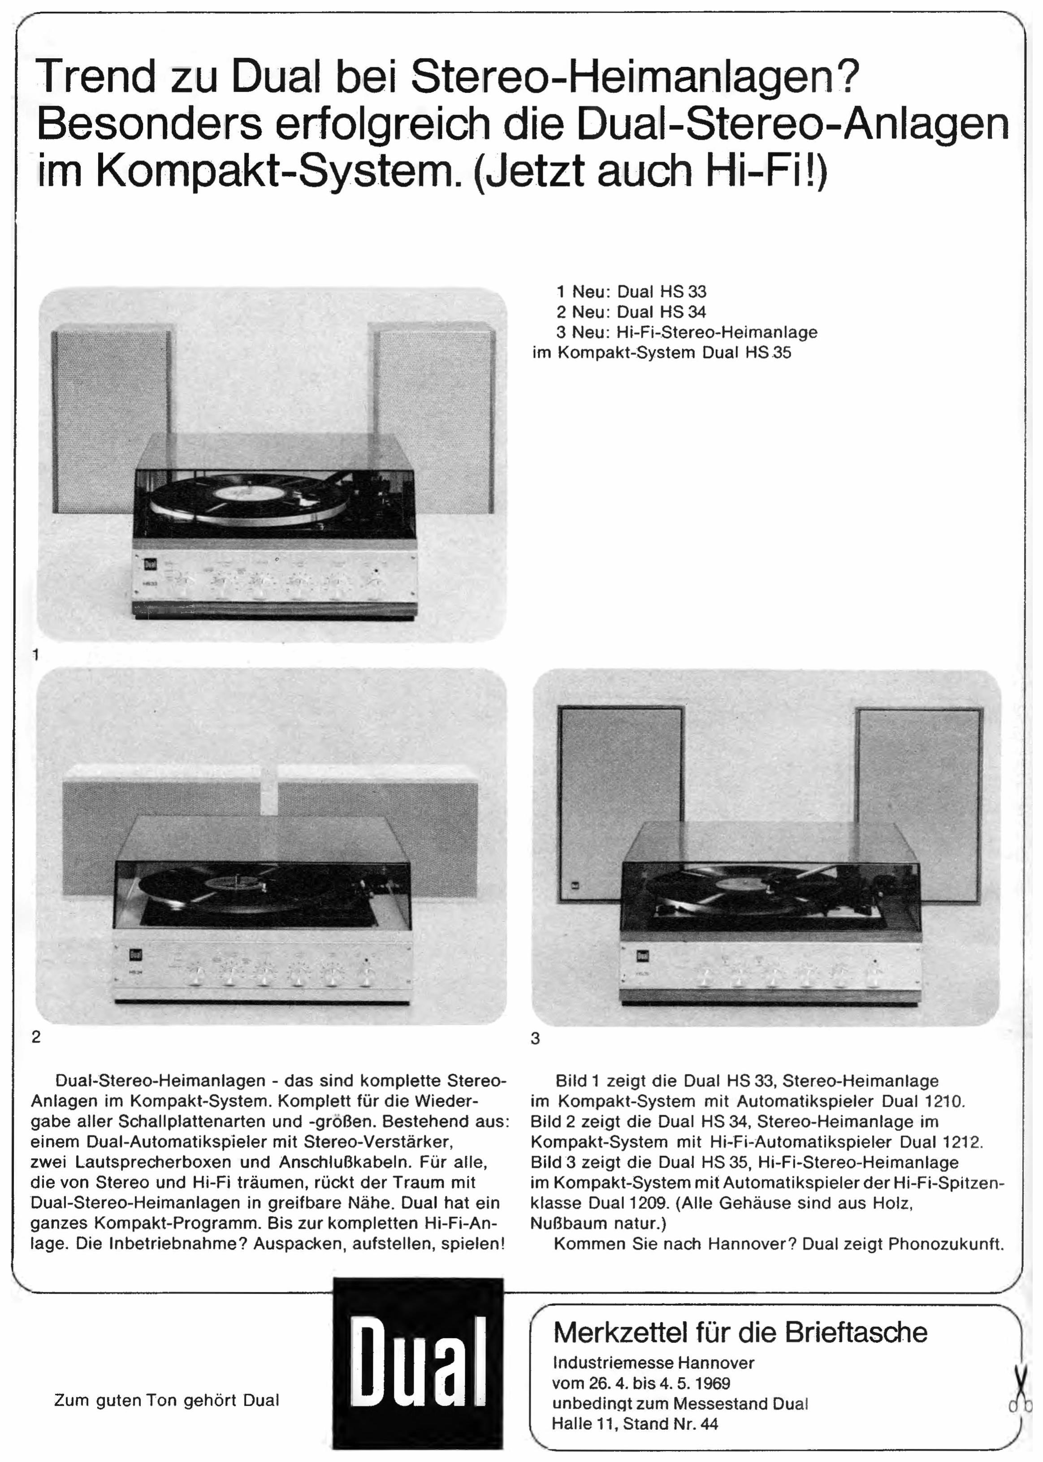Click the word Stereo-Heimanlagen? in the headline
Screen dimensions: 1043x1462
(x=635, y=77)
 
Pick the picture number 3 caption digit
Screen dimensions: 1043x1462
(x=536, y=1038)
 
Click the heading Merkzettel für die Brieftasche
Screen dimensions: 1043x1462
(x=740, y=1333)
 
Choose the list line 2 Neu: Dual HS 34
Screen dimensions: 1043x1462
(x=632, y=312)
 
